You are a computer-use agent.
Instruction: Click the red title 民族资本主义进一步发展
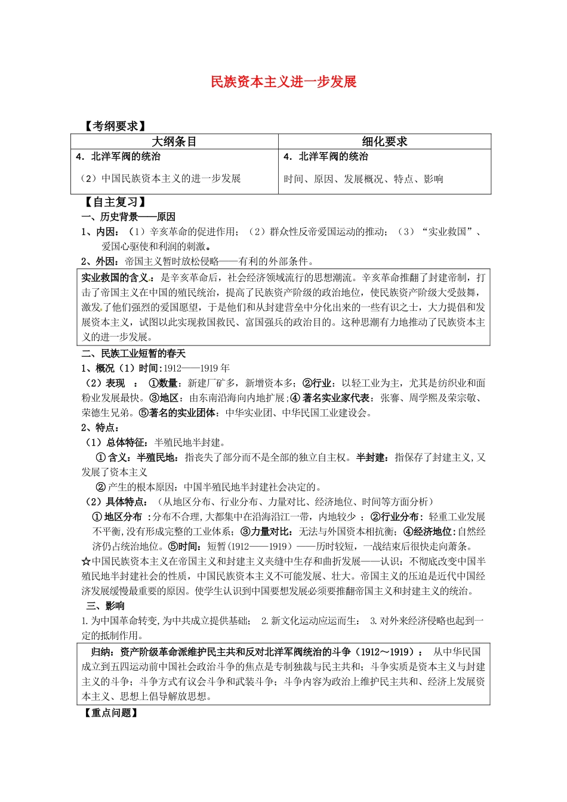pyautogui.click(x=283, y=82)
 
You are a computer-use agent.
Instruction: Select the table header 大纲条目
pyautogui.click(x=174, y=141)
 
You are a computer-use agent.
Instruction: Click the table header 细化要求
pyautogui.click(x=384, y=141)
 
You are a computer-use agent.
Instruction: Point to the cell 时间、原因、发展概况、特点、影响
pyautogui.click(x=363, y=179)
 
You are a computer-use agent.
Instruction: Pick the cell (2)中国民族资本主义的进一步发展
pyautogui.click(x=159, y=178)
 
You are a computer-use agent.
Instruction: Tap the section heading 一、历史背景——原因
pyautogui.click(x=128, y=217)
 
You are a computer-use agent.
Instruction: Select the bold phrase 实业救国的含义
pyautogui.click(x=115, y=278)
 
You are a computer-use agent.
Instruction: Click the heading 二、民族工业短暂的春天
pyautogui.click(x=134, y=354)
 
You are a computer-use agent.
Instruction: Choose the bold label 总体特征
pyautogui.click(x=126, y=443)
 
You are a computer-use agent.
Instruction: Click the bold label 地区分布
pyautogui.click(x=123, y=517)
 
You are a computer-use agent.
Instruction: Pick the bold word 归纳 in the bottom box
pyautogui.click(x=100, y=652)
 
